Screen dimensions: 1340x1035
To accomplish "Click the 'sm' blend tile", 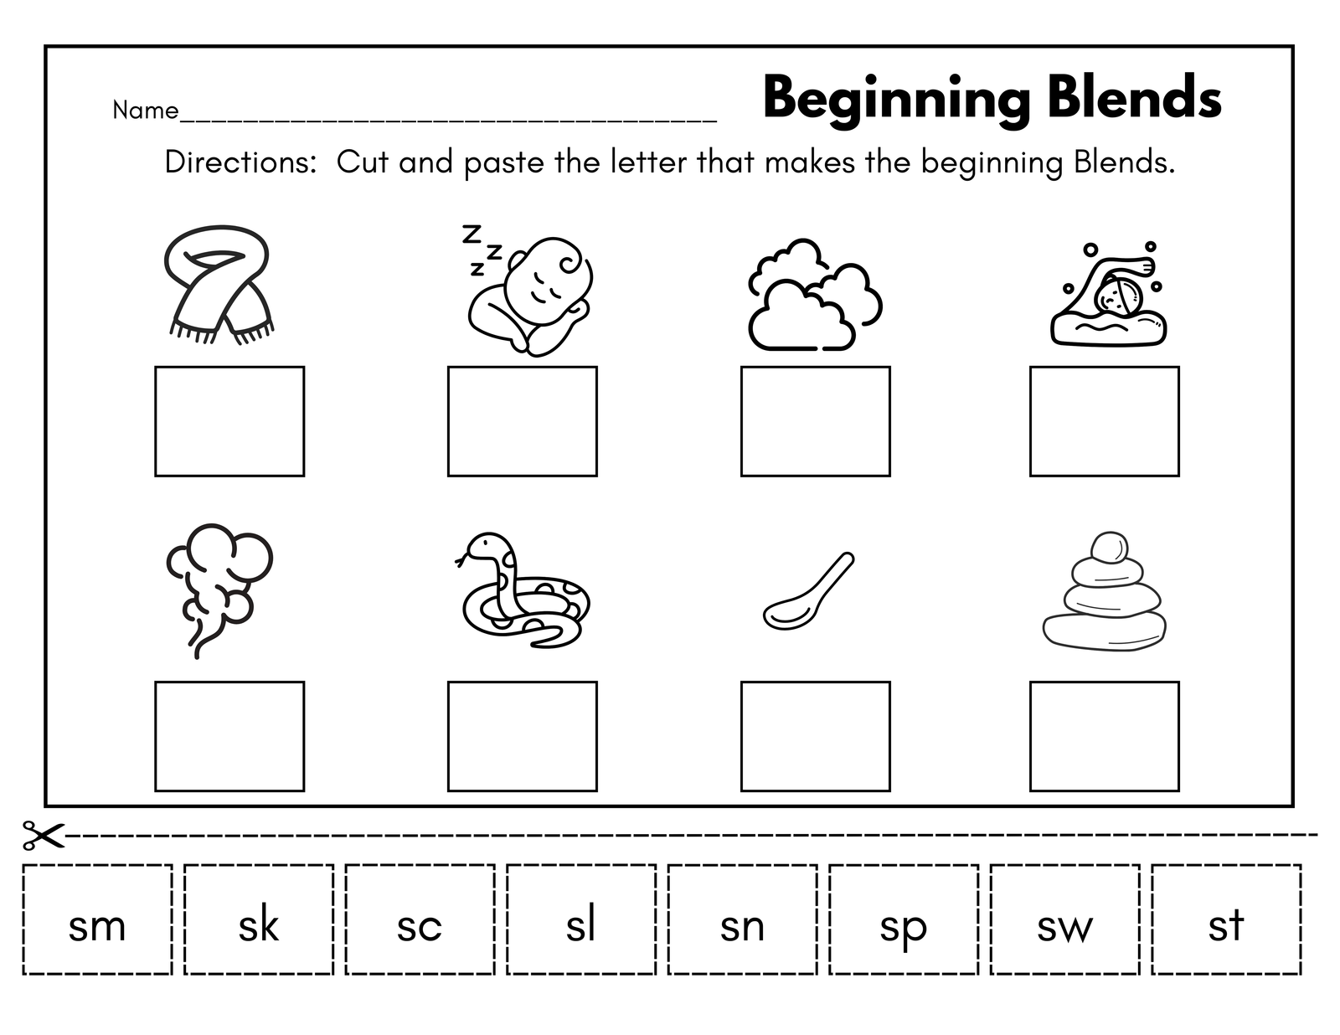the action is click(x=97, y=919).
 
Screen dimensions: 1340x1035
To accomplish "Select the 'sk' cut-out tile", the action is click(x=259, y=919).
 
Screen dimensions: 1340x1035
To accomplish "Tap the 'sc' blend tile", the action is click(x=420, y=919).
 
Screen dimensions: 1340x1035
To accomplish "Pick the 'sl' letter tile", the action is click(x=581, y=919).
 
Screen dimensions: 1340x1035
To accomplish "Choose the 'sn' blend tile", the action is click(x=743, y=919).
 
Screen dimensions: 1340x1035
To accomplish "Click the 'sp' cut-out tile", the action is click(x=904, y=919).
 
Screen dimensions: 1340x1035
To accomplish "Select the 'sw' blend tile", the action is click(x=1065, y=919).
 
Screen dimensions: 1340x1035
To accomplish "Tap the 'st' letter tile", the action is click(x=1227, y=919).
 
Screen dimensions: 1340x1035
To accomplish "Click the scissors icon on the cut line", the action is click(x=44, y=835).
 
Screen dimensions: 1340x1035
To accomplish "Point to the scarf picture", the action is click(x=219, y=284).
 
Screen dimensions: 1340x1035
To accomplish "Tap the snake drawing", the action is click(x=522, y=590).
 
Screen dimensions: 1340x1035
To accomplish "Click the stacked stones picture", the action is click(x=1105, y=591).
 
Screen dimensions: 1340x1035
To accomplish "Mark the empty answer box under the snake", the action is click(x=523, y=736).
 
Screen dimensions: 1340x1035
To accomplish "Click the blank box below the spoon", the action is click(x=815, y=736).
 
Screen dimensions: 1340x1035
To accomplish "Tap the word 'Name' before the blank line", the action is click(x=146, y=111).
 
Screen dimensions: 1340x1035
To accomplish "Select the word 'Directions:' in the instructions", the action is click(x=241, y=162).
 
